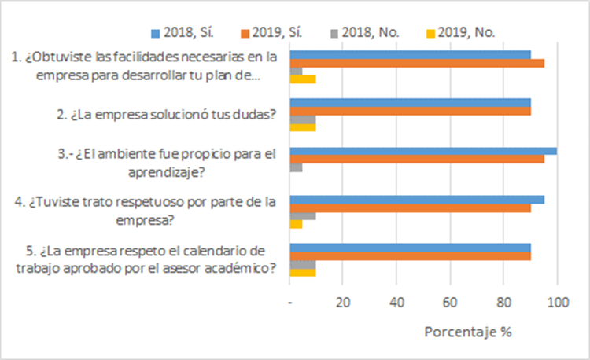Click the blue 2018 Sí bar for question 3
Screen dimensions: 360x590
(x=423, y=151)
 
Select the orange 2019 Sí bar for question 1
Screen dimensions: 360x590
(x=418, y=63)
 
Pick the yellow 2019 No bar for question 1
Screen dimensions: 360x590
(x=304, y=79)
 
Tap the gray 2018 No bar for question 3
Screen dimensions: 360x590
(x=297, y=167)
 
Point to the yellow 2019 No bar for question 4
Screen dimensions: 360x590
(x=297, y=223)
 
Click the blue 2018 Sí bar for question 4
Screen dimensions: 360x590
(x=418, y=200)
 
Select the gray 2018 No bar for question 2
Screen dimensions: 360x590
(x=304, y=119)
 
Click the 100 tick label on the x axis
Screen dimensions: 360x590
(x=557, y=303)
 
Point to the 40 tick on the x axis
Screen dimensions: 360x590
(x=397, y=303)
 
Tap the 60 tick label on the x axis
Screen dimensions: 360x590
(x=451, y=303)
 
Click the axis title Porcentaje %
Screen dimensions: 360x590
(x=468, y=331)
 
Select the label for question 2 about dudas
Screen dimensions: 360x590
(x=166, y=113)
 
